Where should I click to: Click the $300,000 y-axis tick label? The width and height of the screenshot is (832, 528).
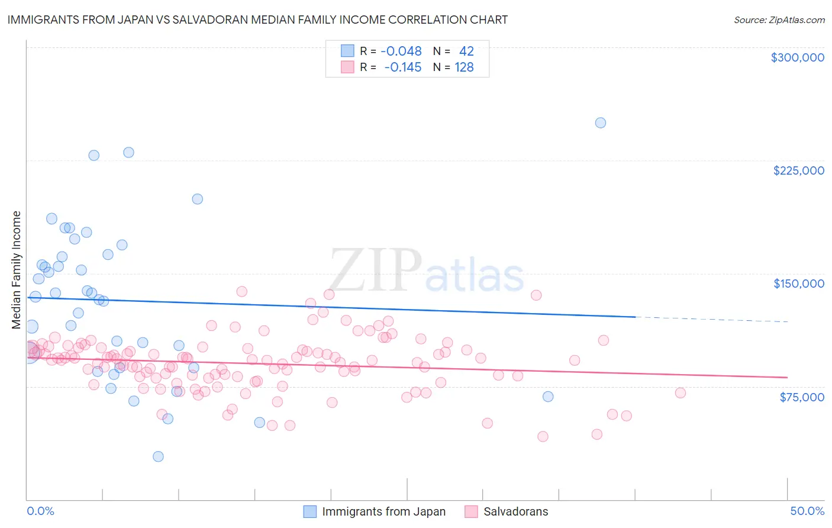pyautogui.click(x=797, y=57)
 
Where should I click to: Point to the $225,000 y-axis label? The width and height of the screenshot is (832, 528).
pyautogui.click(x=798, y=170)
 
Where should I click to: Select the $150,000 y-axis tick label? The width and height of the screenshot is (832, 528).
pyautogui.click(x=798, y=284)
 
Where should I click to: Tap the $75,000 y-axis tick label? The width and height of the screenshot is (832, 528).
pyautogui.click(x=801, y=397)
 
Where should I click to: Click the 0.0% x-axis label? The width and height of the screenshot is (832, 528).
pyautogui.click(x=40, y=511)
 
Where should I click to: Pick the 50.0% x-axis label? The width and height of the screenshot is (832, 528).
pyautogui.click(x=807, y=511)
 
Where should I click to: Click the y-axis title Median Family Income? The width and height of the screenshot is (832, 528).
pyautogui.click(x=17, y=270)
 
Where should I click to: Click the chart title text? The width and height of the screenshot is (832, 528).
pyautogui.click(x=257, y=20)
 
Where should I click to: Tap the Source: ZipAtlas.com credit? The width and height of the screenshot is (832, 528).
pyautogui.click(x=779, y=20)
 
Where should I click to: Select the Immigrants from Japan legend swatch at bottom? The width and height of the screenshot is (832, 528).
pyautogui.click(x=310, y=511)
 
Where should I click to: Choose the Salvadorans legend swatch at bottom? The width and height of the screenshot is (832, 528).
pyautogui.click(x=471, y=511)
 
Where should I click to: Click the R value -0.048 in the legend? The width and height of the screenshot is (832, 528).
pyautogui.click(x=401, y=51)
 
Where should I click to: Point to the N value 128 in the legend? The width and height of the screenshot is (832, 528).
pyautogui.click(x=464, y=67)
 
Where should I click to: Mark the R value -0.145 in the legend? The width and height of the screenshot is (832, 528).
pyautogui.click(x=402, y=67)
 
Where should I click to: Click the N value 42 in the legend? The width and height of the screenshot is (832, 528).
pyautogui.click(x=466, y=51)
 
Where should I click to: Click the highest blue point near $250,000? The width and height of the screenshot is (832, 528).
pyautogui.click(x=600, y=123)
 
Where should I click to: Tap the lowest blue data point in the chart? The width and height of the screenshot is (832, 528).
pyautogui.click(x=158, y=456)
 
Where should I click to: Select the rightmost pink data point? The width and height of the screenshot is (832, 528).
pyautogui.click(x=681, y=393)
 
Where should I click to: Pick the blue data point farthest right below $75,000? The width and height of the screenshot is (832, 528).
pyautogui.click(x=548, y=397)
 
